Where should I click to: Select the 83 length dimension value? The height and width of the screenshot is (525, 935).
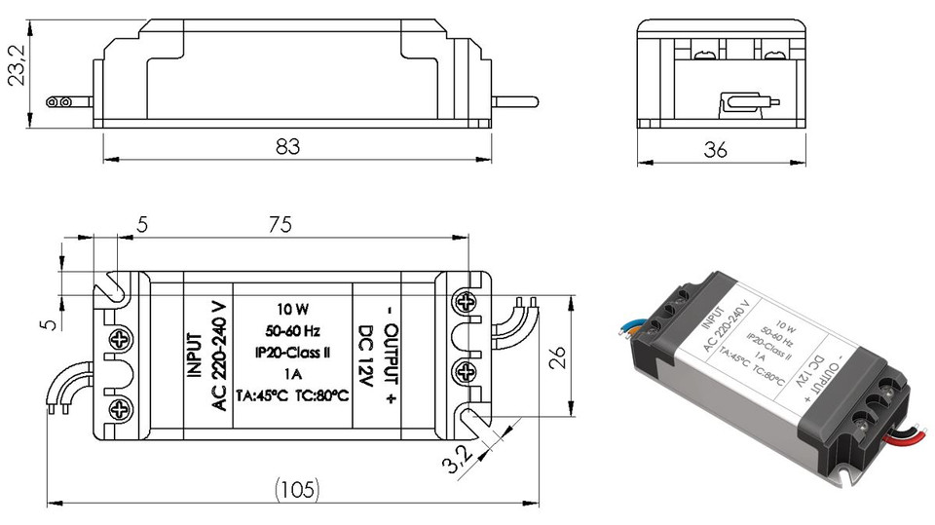pyautogui.click(x=288, y=146)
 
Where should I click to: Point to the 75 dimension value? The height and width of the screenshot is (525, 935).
pyautogui.click(x=280, y=225)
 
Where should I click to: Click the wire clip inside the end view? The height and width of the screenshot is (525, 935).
pyautogui.click(x=748, y=102)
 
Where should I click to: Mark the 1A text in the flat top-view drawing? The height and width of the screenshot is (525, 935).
pyautogui.click(x=287, y=372)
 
